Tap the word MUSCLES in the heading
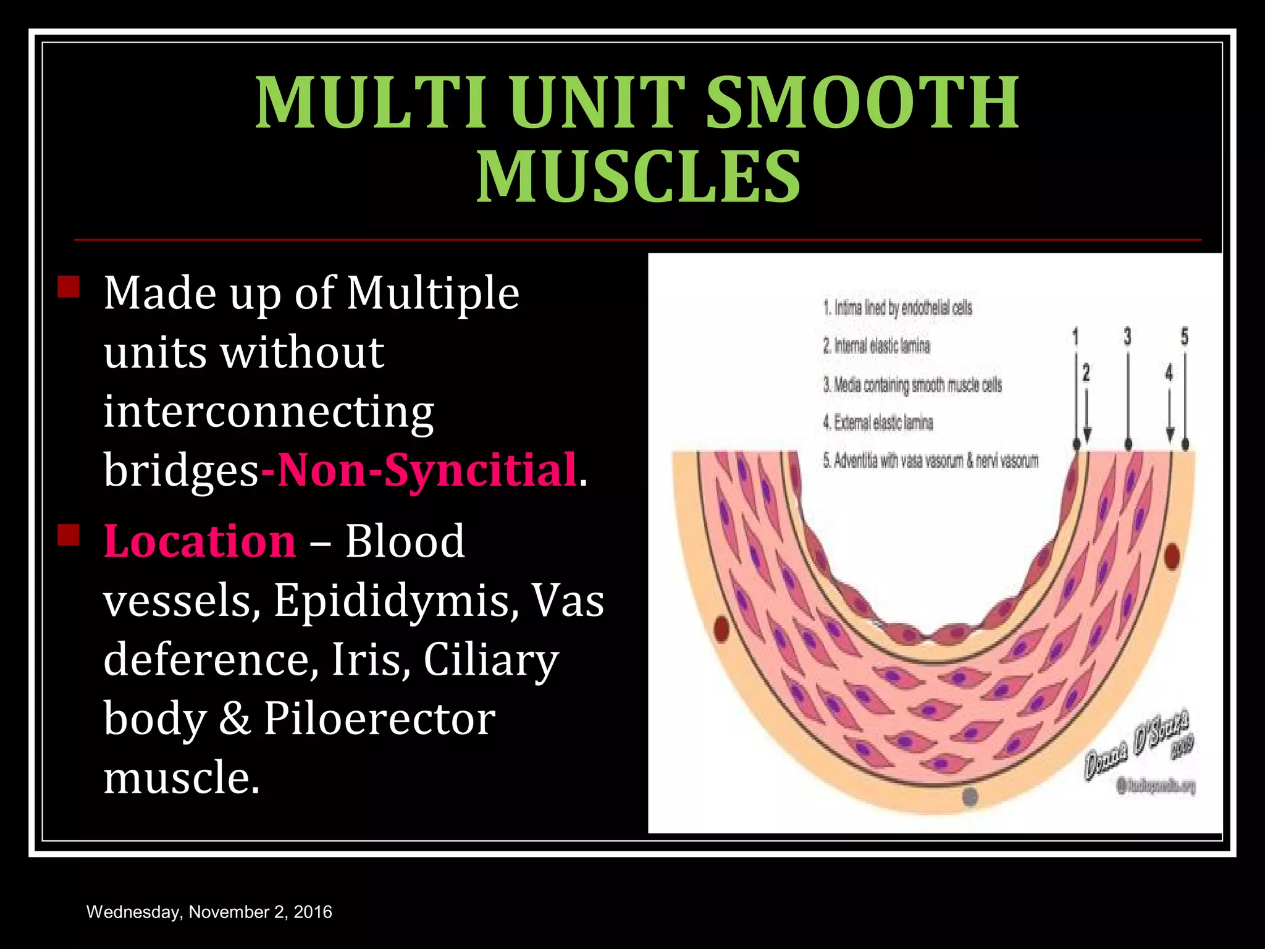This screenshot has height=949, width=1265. click(x=638, y=177)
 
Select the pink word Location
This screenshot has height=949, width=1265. click(x=200, y=541)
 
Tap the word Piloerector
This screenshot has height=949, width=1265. click(x=379, y=719)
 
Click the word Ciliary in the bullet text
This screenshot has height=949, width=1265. click(x=491, y=659)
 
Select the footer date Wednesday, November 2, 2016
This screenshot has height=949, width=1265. click(x=209, y=912)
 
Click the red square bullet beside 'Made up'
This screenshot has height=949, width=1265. click(x=69, y=287)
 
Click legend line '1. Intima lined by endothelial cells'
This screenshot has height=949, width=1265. click(x=897, y=308)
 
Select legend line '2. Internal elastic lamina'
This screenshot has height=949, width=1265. click(x=876, y=346)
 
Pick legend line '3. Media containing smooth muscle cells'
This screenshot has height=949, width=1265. click(x=912, y=385)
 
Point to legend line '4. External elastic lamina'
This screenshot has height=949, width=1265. click(x=878, y=423)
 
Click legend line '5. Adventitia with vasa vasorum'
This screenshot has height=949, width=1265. click(x=930, y=461)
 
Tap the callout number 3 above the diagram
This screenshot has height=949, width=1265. click(x=1127, y=337)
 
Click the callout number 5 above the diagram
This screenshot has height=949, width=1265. click(x=1184, y=337)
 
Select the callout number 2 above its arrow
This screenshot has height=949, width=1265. click(x=1086, y=373)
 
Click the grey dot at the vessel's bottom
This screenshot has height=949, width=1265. click(x=970, y=796)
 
